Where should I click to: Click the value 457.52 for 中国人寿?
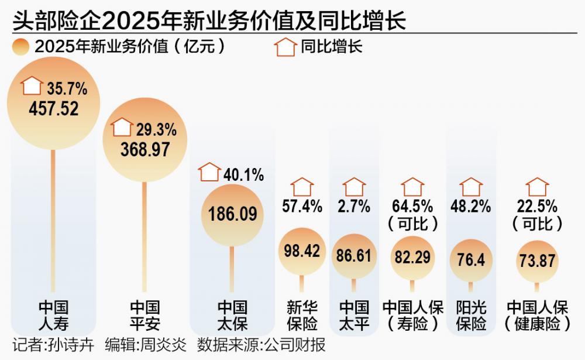click(x=53, y=109)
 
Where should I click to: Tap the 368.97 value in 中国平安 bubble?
click(x=145, y=149)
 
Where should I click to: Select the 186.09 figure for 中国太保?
click(x=232, y=214)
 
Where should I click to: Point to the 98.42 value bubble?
click(x=302, y=251)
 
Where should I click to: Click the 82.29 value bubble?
click(x=412, y=257)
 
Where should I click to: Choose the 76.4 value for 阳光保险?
click(x=470, y=259)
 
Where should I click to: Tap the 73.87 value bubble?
click(x=537, y=260)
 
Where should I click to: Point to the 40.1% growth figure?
click(x=243, y=174)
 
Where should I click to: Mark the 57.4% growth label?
click(x=302, y=206)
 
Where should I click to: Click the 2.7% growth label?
click(x=354, y=206)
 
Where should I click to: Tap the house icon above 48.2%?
click(x=471, y=187)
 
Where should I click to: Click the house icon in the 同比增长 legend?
click(x=285, y=47)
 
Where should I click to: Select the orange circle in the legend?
click(x=21, y=47)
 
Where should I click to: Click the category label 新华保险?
click(x=302, y=315)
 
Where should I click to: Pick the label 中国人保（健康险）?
click(x=537, y=315)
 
